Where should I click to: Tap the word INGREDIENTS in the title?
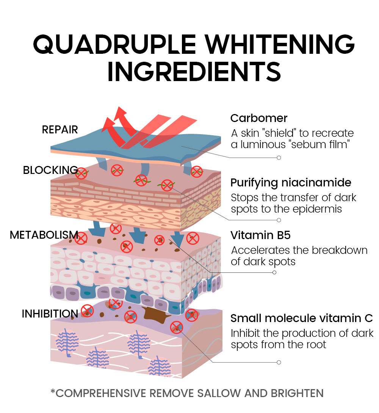(194, 72)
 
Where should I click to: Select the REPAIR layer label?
(60, 130)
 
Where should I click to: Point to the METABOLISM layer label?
(44, 235)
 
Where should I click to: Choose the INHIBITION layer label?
(50, 314)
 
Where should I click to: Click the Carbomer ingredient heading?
(259, 118)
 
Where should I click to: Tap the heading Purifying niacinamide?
(291, 183)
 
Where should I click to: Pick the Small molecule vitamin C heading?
(302, 318)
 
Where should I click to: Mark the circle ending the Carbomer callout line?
(279, 158)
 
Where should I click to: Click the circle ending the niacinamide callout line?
(279, 220)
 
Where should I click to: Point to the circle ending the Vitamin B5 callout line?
(274, 272)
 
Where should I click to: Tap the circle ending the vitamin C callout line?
(279, 362)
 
